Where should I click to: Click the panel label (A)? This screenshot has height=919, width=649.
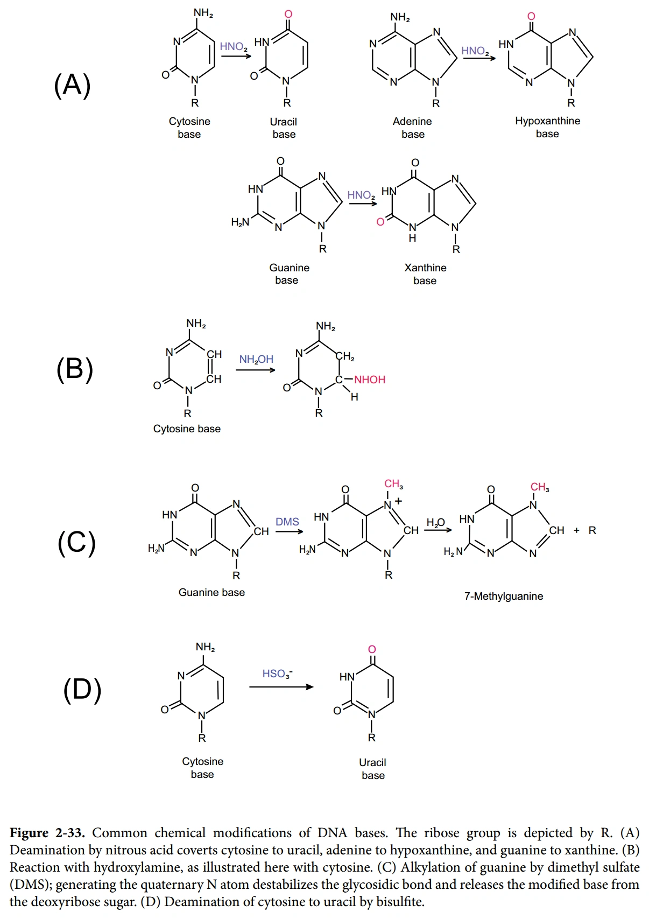(72, 85)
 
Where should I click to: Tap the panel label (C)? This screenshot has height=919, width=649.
(76, 542)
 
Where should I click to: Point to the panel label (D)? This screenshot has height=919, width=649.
(82, 690)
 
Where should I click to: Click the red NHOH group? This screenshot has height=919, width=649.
(370, 380)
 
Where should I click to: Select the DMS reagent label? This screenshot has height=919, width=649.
(287, 522)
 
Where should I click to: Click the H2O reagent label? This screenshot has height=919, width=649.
(435, 522)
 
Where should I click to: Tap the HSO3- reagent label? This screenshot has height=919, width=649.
(277, 674)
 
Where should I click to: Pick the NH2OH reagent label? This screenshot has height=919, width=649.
(256, 360)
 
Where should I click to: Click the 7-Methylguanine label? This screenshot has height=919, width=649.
(504, 596)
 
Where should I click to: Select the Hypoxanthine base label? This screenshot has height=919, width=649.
(548, 127)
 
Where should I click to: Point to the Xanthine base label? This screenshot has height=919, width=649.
(425, 274)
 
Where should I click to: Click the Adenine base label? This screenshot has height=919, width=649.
(412, 128)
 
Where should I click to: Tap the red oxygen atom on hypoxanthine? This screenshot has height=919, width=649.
(531, 16)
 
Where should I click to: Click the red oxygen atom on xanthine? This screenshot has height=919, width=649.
(380, 222)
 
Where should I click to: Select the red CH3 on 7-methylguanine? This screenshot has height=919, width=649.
(540, 487)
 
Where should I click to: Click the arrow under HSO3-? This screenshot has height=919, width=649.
(281, 687)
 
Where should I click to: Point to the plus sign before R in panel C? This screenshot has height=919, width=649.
(576, 530)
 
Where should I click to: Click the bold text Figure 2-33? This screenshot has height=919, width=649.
(47, 832)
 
